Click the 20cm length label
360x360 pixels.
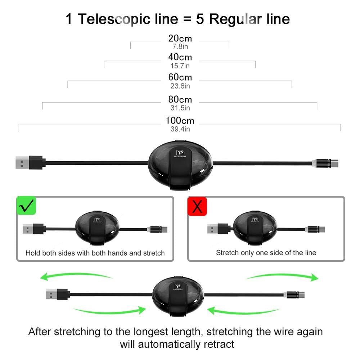click(180, 38)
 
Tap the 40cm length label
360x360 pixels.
click(180, 57)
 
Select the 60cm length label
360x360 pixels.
click(180, 77)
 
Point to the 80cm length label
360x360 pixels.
click(180, 99)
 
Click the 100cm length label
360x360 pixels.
click(180, 121)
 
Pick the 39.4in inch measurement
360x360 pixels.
click(180, 129)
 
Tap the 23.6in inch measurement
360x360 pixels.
click(180, 86)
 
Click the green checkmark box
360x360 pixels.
click(27, 206)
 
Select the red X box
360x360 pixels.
click(197, 206)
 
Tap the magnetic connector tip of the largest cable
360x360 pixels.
click(326, 163)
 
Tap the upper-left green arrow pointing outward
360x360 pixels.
click(76, 276)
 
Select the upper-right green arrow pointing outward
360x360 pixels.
click(283, 276)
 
